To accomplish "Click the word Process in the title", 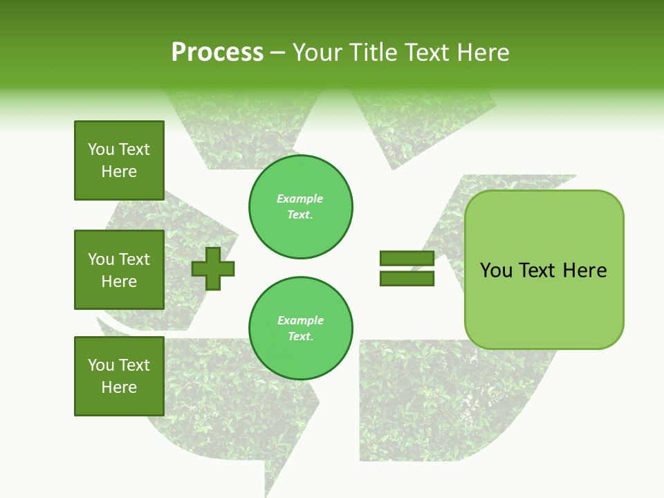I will point(217,53).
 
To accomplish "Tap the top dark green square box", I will point(119,160).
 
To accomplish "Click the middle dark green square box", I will point(119,270).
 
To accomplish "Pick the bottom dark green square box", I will point(119,376).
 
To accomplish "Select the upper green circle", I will point(301,207).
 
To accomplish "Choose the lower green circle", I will point(301,329).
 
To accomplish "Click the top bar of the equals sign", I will point(407,259).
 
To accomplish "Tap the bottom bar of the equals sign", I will point(407,279).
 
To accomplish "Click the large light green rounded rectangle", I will point(544,270).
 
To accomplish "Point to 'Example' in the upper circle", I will point(300,199).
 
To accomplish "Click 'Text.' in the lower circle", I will point(300,337).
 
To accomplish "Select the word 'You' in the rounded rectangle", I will point(497,270).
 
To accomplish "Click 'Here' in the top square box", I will point(119,172).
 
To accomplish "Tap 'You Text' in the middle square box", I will point(119,259).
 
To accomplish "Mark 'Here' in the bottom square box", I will point(119,387).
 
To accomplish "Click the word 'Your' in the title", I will point(319,53).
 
